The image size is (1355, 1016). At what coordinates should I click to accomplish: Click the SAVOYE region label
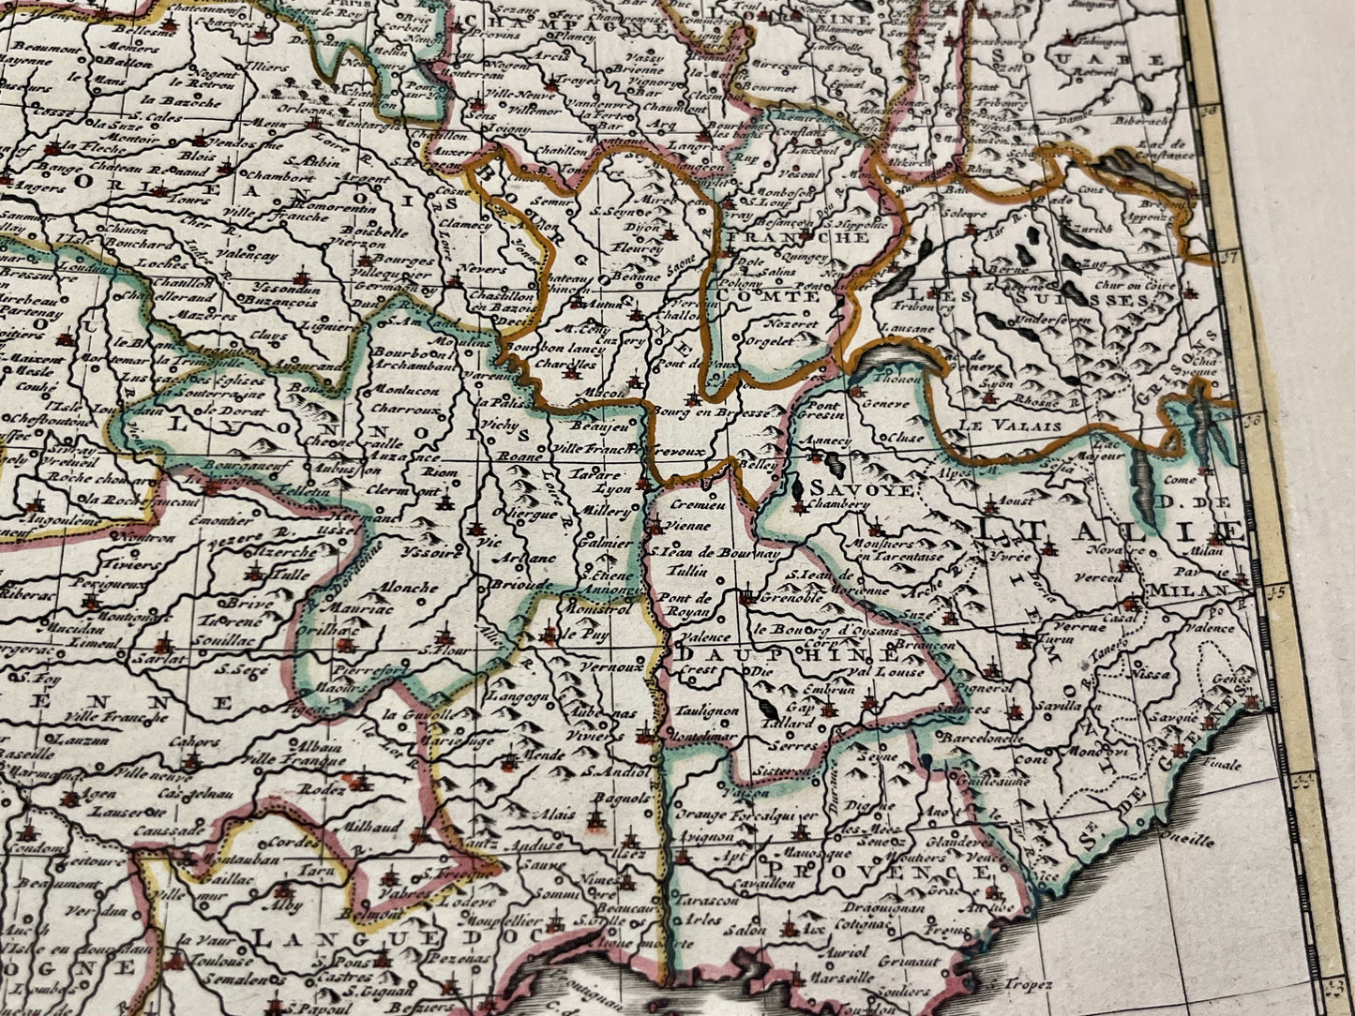pos(849,488)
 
